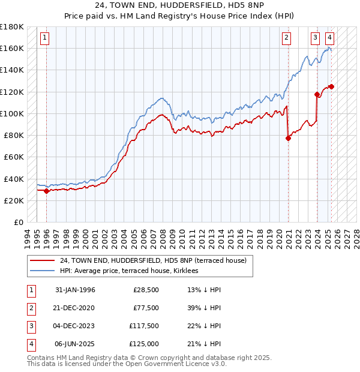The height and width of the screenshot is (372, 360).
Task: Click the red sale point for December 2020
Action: pyautogui.click(x=289, y=138)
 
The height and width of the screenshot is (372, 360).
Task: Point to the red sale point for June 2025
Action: pyautogui.click(x=331, y=86)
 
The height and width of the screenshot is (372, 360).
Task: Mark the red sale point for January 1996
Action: pyautogui.click(x=47, y=191)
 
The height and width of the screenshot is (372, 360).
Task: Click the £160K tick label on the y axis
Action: pyautogui.click(x=12, y=48)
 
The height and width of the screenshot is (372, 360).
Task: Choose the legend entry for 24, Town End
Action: pyautogui.click(x=157, y=260)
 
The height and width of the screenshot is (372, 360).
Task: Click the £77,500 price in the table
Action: pyautogui.click(x=146, y=308)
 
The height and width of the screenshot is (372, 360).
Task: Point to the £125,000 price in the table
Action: pyautogui.click(x=144, y=344)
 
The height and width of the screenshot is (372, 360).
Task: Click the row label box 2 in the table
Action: pyautogui.click(x=31, y=308)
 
